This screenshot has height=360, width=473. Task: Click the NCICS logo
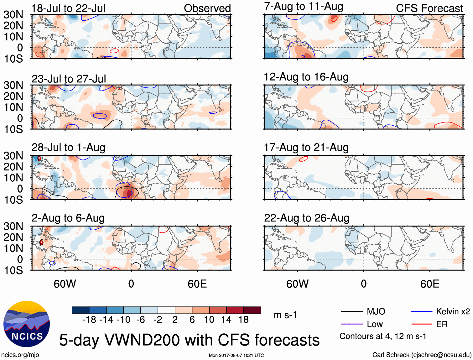pos(27,324)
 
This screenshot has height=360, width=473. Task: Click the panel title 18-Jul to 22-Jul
pos(68,8)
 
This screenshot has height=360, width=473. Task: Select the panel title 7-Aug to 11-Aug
pos(304,6)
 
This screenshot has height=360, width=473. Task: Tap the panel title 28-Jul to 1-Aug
pos(68,147)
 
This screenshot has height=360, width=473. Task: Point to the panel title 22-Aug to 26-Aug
pos(307,218)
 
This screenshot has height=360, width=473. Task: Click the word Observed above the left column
pos(207,8)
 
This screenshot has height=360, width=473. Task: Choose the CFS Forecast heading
pos(429,8)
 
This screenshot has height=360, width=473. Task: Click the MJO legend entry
pos(376,311)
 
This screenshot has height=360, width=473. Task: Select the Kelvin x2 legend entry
pos(453,311)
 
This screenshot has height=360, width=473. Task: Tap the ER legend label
pos(442,324)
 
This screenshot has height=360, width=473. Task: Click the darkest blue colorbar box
pos(81,310)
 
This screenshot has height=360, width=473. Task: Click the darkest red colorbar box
pos(252,310)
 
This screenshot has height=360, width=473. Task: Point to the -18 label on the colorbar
pos(89,320)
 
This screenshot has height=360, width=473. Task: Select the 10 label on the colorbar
pos(209,320)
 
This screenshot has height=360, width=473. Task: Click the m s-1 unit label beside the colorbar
pos(285,315)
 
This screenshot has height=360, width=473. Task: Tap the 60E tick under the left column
pos(197,284)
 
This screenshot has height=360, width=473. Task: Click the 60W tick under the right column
pos(297,284)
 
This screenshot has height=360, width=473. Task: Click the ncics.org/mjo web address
pos(20,355)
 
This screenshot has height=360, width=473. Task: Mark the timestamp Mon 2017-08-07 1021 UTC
pos(236,355)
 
